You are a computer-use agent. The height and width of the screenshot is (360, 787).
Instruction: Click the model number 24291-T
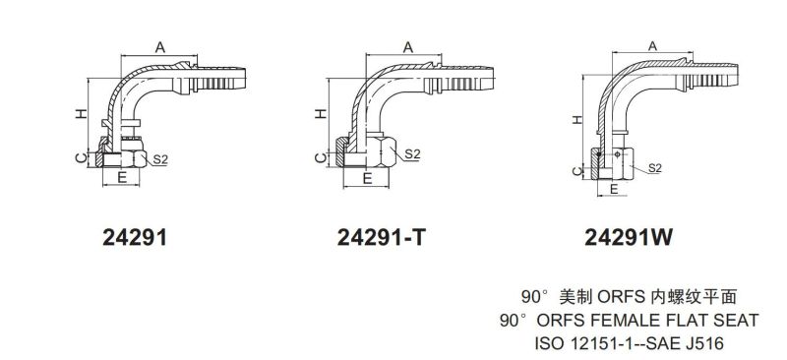tap(381, 237)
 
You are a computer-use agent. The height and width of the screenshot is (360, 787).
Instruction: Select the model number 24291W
tap(628, 237)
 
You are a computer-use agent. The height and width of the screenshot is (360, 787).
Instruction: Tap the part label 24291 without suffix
tap(134, 237)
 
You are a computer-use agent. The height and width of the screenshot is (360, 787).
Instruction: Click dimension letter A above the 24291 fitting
tap(159, 47)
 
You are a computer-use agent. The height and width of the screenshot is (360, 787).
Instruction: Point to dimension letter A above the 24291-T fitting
tap(408, 47)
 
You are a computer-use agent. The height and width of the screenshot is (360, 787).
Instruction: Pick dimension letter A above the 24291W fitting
tap(652, 46)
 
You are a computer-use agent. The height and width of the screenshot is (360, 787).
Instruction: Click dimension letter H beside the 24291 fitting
tap(82, 114)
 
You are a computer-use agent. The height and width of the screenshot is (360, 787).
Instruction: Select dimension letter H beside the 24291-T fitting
tap(321, 114)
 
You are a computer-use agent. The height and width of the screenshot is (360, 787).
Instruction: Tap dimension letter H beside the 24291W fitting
tap(577, 119)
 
